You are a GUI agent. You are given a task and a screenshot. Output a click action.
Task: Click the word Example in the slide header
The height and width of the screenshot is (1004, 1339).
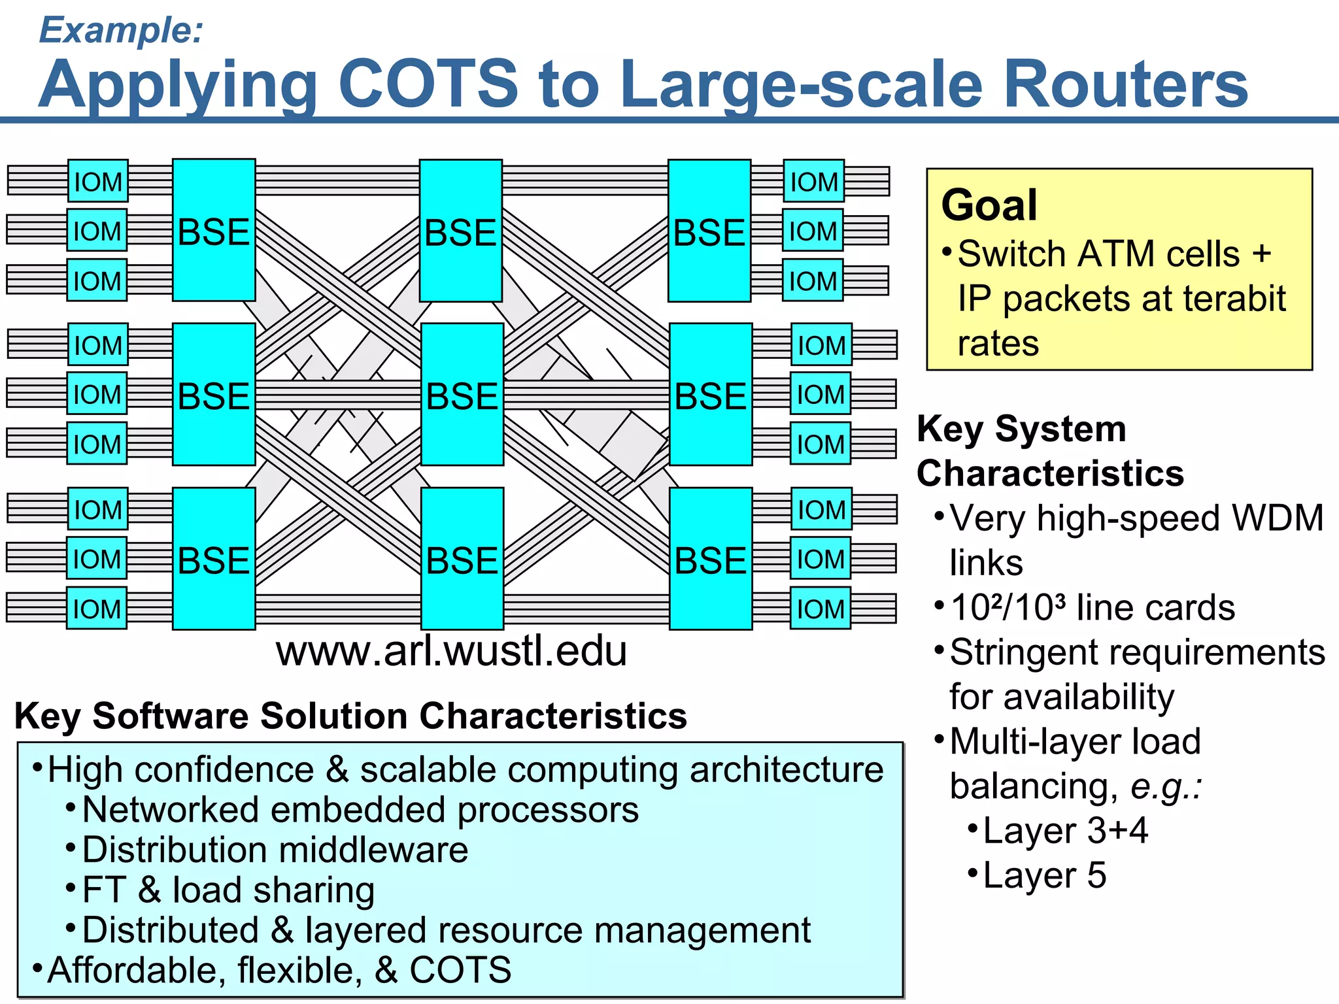pyautogui.click(x=118, y=30)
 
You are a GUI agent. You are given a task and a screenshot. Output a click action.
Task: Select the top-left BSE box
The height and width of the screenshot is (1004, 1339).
pyautogui.click(x=214, y=230)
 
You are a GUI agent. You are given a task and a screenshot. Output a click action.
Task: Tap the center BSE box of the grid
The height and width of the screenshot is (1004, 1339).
pyautogui.click(x=462, y=394)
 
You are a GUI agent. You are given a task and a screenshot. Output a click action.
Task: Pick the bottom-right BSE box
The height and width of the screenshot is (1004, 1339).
pyautogui.click(x=711, y=559)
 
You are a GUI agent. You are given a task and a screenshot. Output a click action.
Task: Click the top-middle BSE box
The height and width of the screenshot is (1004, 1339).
pyautogui.click(x=461, y=230)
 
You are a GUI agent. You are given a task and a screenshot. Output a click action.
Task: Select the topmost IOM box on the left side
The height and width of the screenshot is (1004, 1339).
pyautogui.click(x=98, y=181)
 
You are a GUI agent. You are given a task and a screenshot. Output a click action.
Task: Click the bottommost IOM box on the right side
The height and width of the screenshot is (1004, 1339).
pyautogui.click(x=821, y=609)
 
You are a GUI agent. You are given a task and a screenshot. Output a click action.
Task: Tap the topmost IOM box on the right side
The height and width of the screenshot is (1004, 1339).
pyautogui.click(x=814, y=181)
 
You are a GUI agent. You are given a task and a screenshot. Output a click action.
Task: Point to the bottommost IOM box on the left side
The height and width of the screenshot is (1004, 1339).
pyautogui.click(x=97, y=609)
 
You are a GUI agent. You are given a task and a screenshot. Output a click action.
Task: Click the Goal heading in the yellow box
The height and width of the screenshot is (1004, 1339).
pyautogui.click(x=989, y=205)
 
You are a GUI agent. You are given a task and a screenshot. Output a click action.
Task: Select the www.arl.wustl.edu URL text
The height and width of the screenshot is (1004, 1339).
pyautogui.click(x=451, y=651)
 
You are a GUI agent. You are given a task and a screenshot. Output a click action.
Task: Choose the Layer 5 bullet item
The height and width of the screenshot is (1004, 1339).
pyautogui.click(x=1043, y=875)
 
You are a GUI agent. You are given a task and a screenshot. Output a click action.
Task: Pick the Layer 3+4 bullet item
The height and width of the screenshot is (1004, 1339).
pyautogui.click(x=1065, y=831)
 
